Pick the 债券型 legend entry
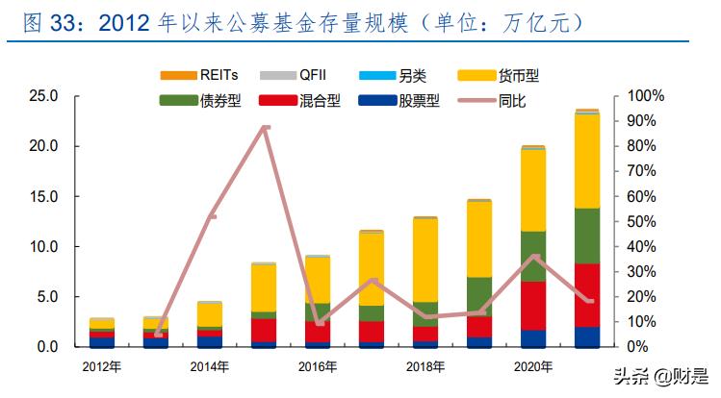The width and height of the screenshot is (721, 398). (x=203, y=100)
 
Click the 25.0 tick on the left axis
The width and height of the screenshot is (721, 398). (x=44, y=96)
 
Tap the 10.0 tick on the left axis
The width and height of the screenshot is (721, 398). (x=44, y=246)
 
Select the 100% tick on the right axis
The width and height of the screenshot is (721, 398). (x=644, y=96)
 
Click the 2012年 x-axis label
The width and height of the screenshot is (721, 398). (x=102, y=366)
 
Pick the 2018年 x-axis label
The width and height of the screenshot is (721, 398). (x=425, y=366)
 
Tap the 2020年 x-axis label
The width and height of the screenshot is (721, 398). (x=533, y=366)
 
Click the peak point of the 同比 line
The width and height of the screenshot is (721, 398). (x=266, y=127)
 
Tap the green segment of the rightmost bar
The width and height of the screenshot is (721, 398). (x=587, y=236)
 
